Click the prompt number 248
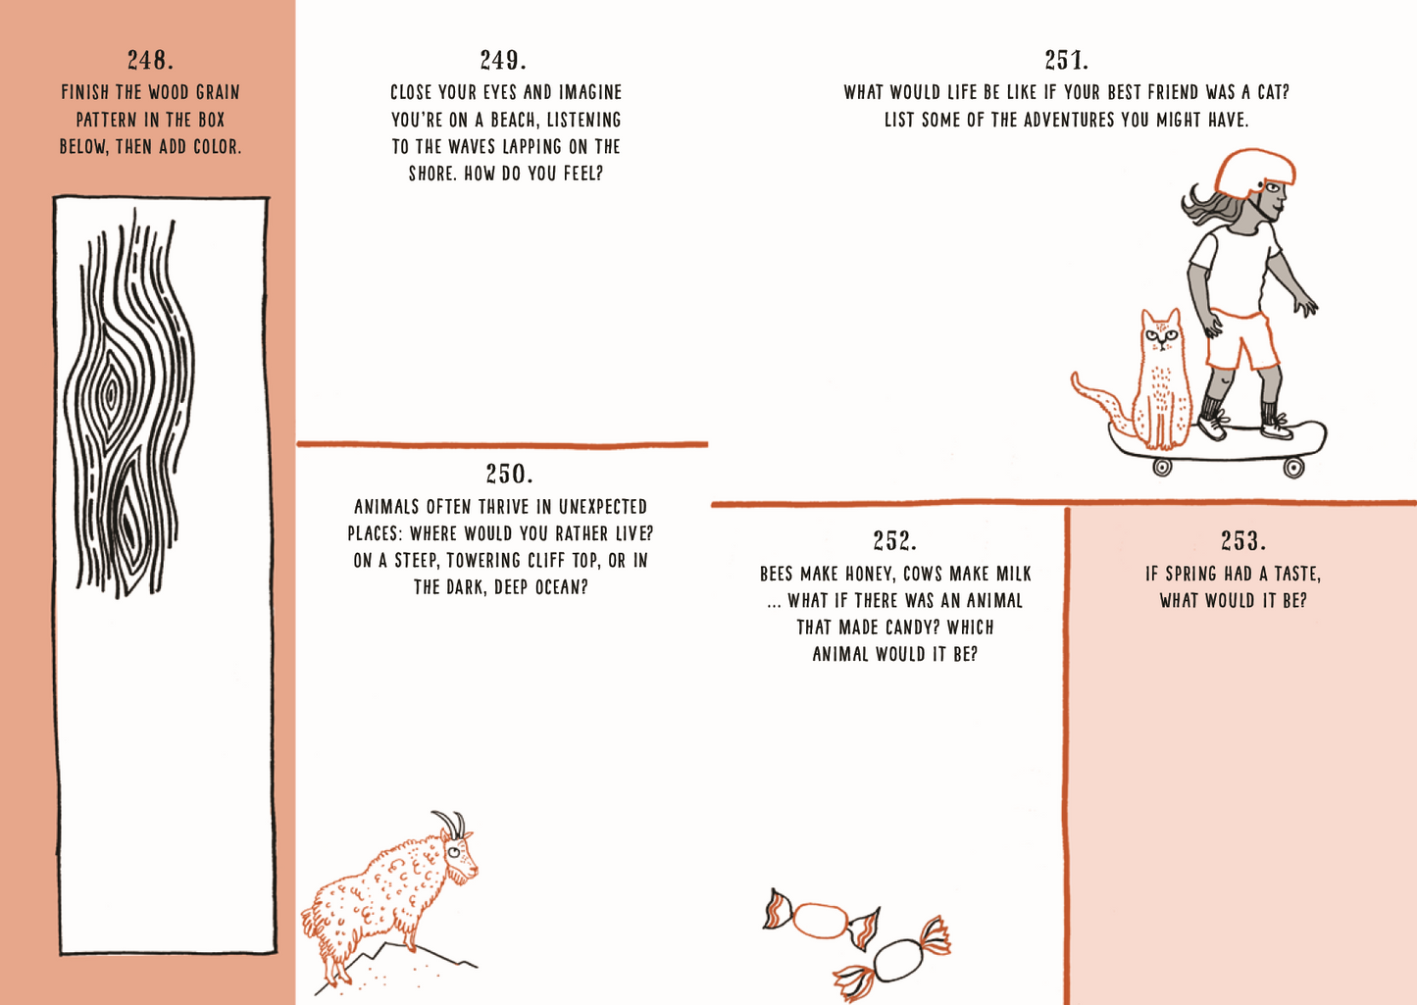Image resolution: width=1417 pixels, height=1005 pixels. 150,61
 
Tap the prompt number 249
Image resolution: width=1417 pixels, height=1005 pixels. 503,61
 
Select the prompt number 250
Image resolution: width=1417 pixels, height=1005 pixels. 509,474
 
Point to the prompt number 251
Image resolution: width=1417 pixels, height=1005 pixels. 1067,61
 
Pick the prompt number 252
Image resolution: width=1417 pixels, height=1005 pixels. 895,541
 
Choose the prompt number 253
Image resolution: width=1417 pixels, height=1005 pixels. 1243,541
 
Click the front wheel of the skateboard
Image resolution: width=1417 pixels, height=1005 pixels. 1293,469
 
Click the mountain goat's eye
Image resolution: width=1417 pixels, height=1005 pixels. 455,853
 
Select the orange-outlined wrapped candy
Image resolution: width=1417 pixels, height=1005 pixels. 821,920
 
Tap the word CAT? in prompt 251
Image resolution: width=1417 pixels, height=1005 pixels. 1273,92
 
